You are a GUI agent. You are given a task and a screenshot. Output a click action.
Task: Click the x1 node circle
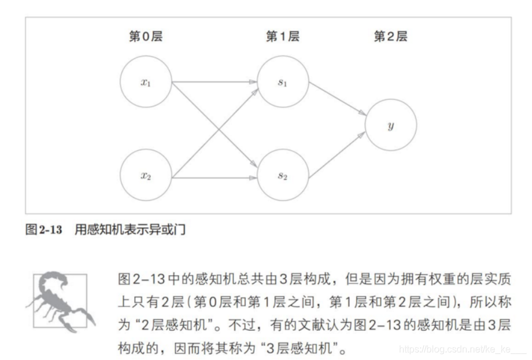tap(145, 83)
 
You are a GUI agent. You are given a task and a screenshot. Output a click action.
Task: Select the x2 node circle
tap(145, 176)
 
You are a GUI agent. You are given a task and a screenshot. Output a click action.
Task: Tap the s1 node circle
tap(282, 83)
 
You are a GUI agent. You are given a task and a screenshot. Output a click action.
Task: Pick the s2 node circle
tap(282, 176)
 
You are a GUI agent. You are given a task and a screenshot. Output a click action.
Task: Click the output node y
tap(391, 125)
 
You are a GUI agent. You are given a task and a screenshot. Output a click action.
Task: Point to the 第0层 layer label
tap(145, 37)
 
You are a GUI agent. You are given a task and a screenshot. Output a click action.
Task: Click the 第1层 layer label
tap(282, 37)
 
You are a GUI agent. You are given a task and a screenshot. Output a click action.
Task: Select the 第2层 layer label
tap(390, 37)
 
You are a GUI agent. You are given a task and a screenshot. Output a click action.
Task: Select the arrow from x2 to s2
tap(214, 176)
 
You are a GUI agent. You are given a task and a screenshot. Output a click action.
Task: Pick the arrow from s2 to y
tap(336, 156)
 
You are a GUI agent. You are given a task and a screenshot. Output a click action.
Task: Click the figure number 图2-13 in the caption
tap(43, 230)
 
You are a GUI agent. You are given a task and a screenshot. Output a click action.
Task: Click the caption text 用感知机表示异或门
tap(130, 230)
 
